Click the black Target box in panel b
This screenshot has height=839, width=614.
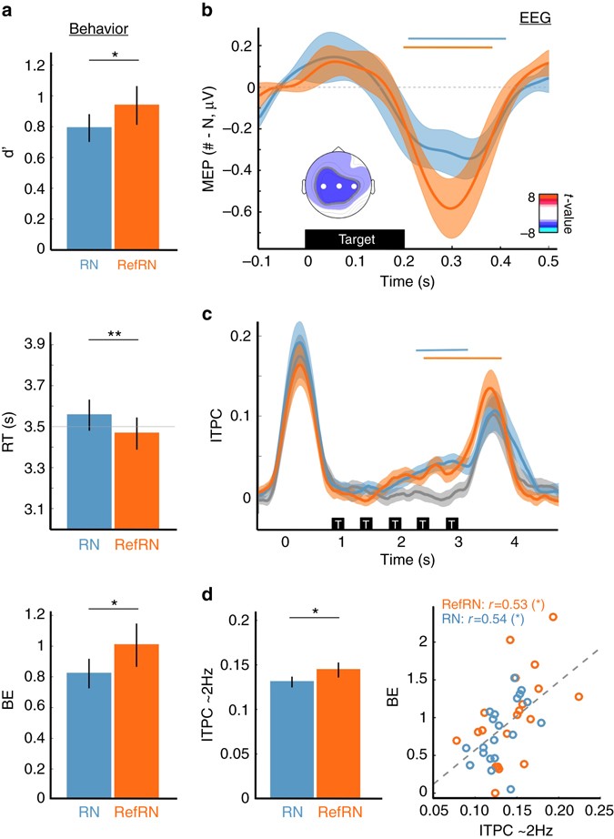(355, 238)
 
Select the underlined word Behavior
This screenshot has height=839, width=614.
(100, 28)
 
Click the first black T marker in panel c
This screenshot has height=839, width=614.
(337, 524)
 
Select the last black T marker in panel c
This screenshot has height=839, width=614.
(451, 524)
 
